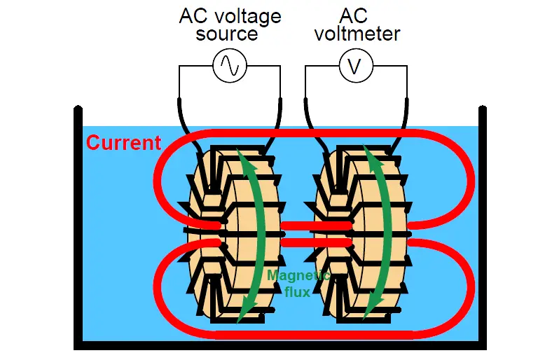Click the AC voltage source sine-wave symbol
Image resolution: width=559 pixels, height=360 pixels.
[230, 66]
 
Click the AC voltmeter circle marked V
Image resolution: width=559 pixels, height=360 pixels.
[356, 66]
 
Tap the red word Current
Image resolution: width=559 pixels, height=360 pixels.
[124, 143]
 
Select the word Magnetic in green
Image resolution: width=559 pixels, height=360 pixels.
[298, 275]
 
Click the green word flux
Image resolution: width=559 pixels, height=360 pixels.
[297, 292]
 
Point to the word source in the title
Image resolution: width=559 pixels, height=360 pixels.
[227, 34]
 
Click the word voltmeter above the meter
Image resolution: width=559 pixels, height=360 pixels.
[357, 34]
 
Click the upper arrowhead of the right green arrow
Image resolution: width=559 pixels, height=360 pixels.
[373, 157]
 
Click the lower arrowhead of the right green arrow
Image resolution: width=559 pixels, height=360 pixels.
[373, 310]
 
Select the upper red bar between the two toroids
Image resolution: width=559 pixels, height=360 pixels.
[316, 226]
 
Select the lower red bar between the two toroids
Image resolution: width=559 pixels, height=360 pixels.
[316, 243]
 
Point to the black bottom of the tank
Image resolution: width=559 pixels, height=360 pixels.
[280, 345]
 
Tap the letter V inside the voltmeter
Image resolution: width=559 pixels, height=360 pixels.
[355, 67]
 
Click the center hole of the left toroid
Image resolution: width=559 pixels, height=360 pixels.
[213, 233]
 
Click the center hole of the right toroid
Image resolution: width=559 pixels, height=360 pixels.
[340, 233]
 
